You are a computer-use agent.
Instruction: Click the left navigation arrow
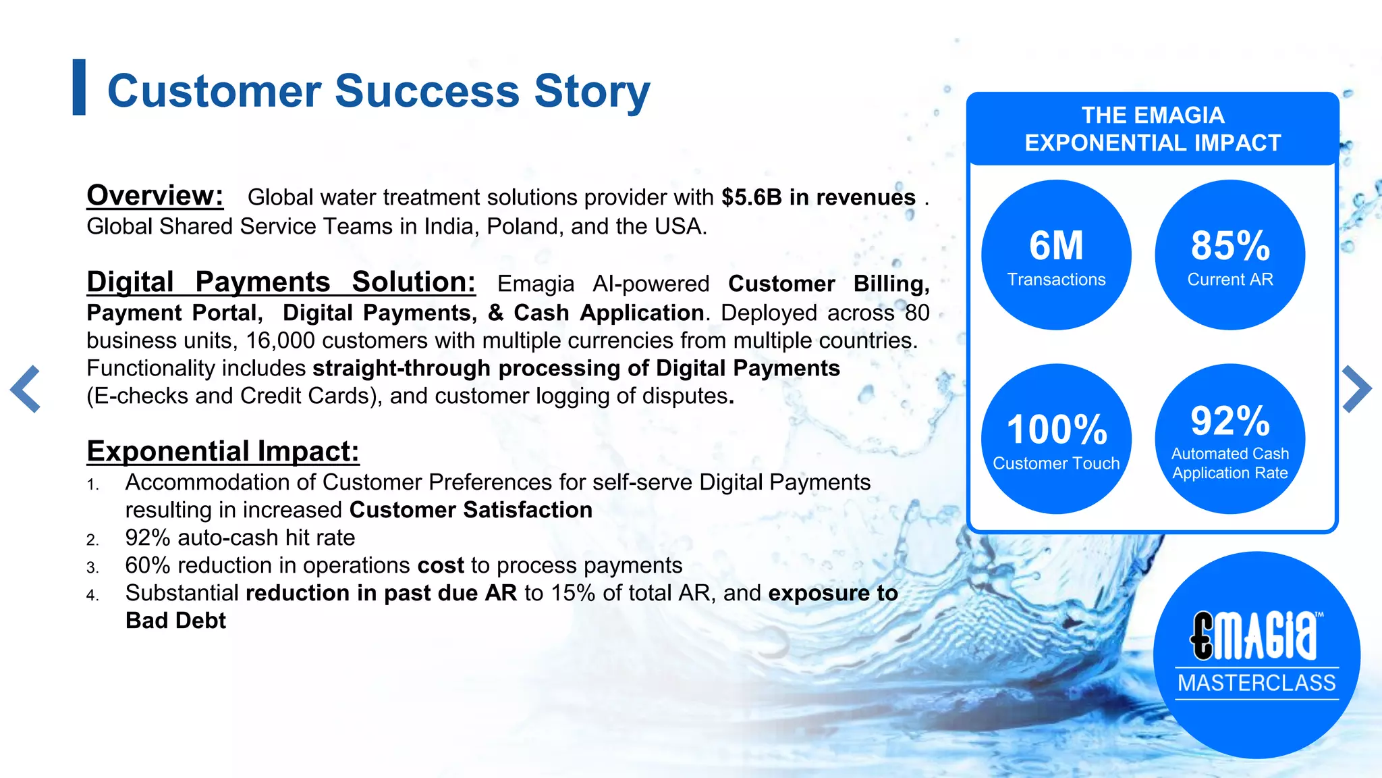tap(26, 389)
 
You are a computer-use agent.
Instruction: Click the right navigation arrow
tap(1356, 389)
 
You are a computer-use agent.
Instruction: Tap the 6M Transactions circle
tap(1056, 255)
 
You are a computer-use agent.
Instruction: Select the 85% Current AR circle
tap(1229, 255)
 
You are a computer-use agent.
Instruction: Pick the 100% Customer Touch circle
tap(1056, 439)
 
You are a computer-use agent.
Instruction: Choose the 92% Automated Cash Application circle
tap(1229, 439)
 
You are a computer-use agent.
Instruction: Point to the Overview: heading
tap(155, 196)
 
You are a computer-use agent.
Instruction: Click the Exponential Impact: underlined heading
tap(223, 451)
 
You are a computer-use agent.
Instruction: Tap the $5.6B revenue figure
tap(751, 197)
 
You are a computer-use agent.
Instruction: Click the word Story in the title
tap(592, 91)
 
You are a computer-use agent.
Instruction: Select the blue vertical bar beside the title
tap(79, 87)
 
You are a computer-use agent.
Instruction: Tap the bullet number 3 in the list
tap(92, 567)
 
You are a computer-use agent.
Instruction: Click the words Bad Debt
tap(175, 621)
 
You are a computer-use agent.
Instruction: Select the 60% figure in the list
tap(148, 565)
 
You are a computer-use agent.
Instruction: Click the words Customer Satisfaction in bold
tap(470, 510)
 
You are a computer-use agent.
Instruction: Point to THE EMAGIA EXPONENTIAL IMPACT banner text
tap(1153, 129)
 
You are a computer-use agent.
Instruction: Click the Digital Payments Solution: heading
tap(281, 282)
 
